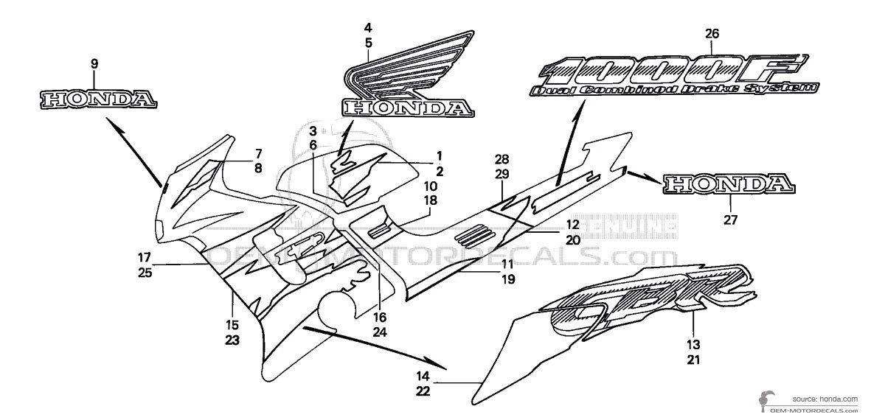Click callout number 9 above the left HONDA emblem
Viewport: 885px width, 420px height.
(x=94, y=64)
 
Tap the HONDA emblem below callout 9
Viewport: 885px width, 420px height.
(x=97, y=98)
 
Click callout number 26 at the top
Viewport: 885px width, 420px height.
(x=712, y=34)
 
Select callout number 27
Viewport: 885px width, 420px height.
(x=730, y=218)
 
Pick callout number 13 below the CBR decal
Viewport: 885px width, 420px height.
(x=693, y=344)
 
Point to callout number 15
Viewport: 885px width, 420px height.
(x=232, y=325)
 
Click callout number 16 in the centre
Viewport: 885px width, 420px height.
(x=380, y=318)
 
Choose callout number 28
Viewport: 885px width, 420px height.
(x=502, y=159)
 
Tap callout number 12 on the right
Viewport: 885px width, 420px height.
(x=573, y=225)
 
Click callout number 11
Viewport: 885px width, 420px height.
(x=507, y=265)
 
